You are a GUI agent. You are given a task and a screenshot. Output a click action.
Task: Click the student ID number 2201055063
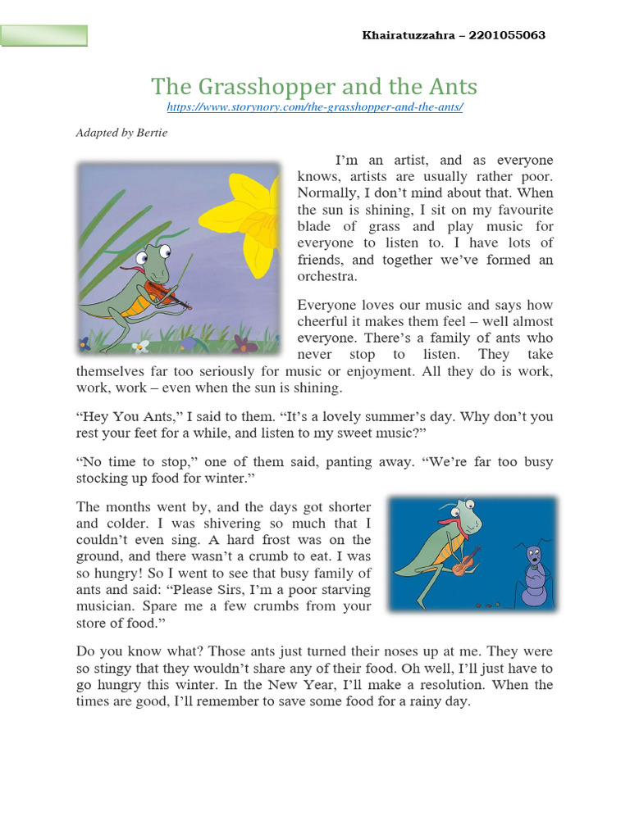507,36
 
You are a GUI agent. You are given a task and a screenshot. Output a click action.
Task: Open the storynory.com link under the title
315,107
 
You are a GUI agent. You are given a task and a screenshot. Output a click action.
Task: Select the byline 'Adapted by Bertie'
121,132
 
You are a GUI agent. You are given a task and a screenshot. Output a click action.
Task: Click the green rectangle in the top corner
44,35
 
